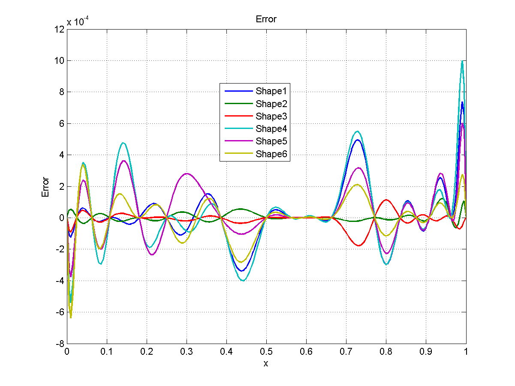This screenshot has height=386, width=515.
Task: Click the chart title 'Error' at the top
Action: pyautogui.click(x=266, y=19)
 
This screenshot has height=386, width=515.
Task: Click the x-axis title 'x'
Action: pyautogui.click(x=266, y=364)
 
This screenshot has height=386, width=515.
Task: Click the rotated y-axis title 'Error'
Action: pyautogui.click(x=45, y=187)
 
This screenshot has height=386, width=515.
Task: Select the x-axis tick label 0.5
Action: pyautogui.click(x=266, y=352)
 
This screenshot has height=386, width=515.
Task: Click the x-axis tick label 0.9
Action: pyautogui.click(x=426, y=352)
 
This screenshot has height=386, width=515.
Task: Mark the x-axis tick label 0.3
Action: pyautogui.click(x=187, y=352)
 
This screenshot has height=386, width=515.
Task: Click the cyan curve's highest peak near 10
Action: pyautogui.click(x=462, y=61)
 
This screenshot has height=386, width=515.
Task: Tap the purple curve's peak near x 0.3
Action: pyautogui.click(x=187, y=174)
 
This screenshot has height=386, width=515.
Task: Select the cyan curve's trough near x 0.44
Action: pyautogui.click(x=243, y=281)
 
